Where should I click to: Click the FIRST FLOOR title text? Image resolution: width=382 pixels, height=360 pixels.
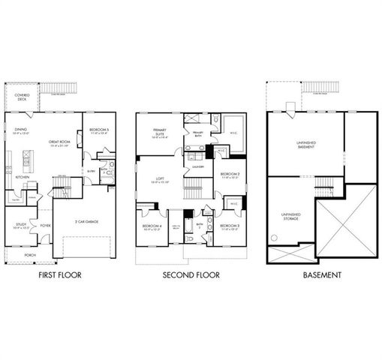click(59, 275)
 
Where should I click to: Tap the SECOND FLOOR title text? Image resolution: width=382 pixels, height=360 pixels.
click(191, 275)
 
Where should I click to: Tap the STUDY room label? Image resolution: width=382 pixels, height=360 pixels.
click(21, 223)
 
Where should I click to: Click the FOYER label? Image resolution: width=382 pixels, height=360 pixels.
click(45, 223)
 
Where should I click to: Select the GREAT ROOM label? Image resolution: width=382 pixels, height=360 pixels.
click(59, 142)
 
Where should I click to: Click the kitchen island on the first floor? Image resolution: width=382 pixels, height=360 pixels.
click(27, 160)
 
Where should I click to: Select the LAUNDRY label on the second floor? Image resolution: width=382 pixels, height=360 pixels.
click(197, 167)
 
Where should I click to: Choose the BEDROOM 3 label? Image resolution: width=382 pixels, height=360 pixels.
click(229, 226)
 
